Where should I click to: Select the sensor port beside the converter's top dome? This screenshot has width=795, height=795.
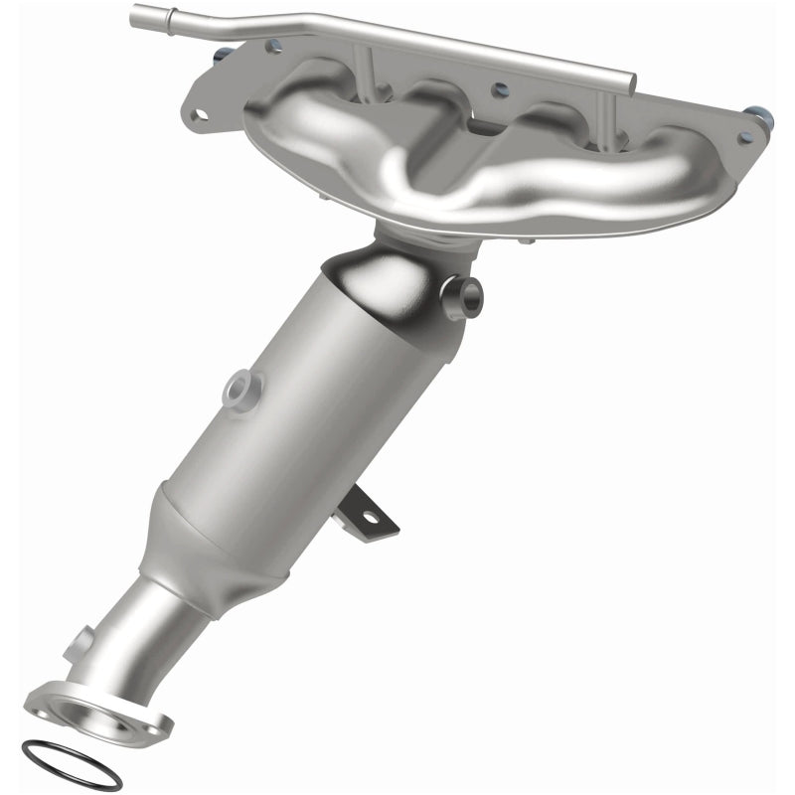465,294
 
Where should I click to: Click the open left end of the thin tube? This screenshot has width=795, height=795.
136,17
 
